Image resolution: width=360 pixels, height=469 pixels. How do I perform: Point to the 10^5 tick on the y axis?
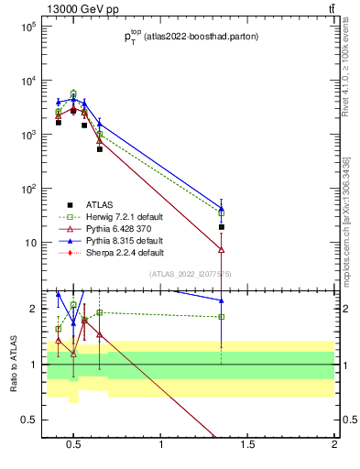[27, 27]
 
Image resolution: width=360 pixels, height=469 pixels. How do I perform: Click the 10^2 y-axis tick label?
[27, 189]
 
